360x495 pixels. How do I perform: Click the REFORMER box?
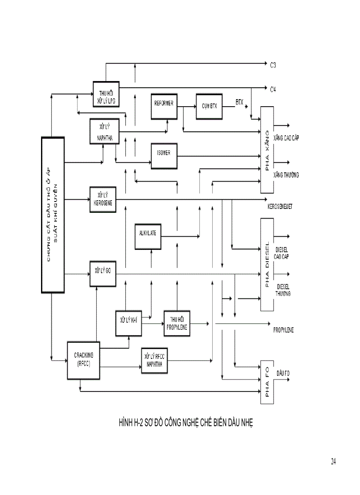(x=164, y=106)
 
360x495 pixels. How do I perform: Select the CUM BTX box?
(x=210, y=106)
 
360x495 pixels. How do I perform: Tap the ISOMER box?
(x=164, y=156)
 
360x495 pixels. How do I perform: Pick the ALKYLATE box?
(x=148, y=236)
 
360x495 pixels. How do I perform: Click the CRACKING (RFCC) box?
(x=82, y=360)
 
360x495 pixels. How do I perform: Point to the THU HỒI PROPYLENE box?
(x=177, y=323)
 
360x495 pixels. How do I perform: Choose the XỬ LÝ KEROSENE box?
(x=103, y=199)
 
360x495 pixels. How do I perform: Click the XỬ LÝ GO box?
(x=102, y=273)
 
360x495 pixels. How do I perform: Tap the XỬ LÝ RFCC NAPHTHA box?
(x=154, y=361)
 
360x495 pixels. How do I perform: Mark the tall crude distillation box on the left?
(x=52, y=215)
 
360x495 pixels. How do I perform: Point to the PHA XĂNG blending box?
(x=267, y=149)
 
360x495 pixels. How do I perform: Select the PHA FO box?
(x=267, y=383)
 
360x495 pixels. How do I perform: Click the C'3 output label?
(x=274, y=64)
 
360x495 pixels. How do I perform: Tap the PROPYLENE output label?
(x=284, y=330)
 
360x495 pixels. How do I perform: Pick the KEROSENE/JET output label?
(x=280, y=206)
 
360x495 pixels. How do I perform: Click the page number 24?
(x=333, y=462)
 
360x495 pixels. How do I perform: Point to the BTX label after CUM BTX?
(x=239, y=102)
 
